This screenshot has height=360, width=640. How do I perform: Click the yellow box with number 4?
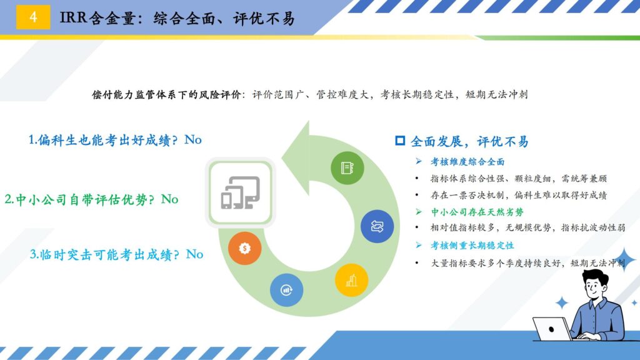coord(33,17)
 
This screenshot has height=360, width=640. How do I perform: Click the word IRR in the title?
coord(73,17)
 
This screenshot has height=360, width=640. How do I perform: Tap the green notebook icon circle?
coord(347,167)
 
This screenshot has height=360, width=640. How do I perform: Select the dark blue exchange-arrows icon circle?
coord(377,226)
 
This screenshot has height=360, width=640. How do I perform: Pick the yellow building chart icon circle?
coord(351,281)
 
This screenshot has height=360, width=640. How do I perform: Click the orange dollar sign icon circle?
coord(244,248)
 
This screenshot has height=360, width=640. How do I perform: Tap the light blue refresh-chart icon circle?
coord(286,290)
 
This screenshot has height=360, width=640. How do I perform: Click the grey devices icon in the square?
coord(241,192)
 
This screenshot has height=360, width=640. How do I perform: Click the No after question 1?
coord(193,139)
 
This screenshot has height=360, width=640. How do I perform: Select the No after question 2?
coord(170,199)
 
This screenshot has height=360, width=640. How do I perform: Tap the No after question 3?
coord(195,254)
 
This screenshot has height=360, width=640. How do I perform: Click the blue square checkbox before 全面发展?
coord(400,141)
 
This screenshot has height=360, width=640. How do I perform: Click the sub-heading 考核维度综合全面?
coord(467,162)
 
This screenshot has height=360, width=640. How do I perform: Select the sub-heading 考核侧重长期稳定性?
coord(472,246)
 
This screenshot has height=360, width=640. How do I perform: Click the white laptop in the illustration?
coord(552,329)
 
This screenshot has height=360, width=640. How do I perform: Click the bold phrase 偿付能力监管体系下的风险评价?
coord(166,95)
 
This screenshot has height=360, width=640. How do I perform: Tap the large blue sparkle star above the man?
coord(625,260)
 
